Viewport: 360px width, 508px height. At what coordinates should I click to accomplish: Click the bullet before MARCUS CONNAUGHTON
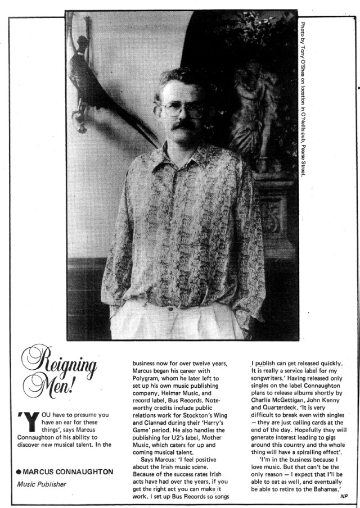coord(19,471)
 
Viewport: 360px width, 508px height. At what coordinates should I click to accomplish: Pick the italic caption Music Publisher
coord(41,483)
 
